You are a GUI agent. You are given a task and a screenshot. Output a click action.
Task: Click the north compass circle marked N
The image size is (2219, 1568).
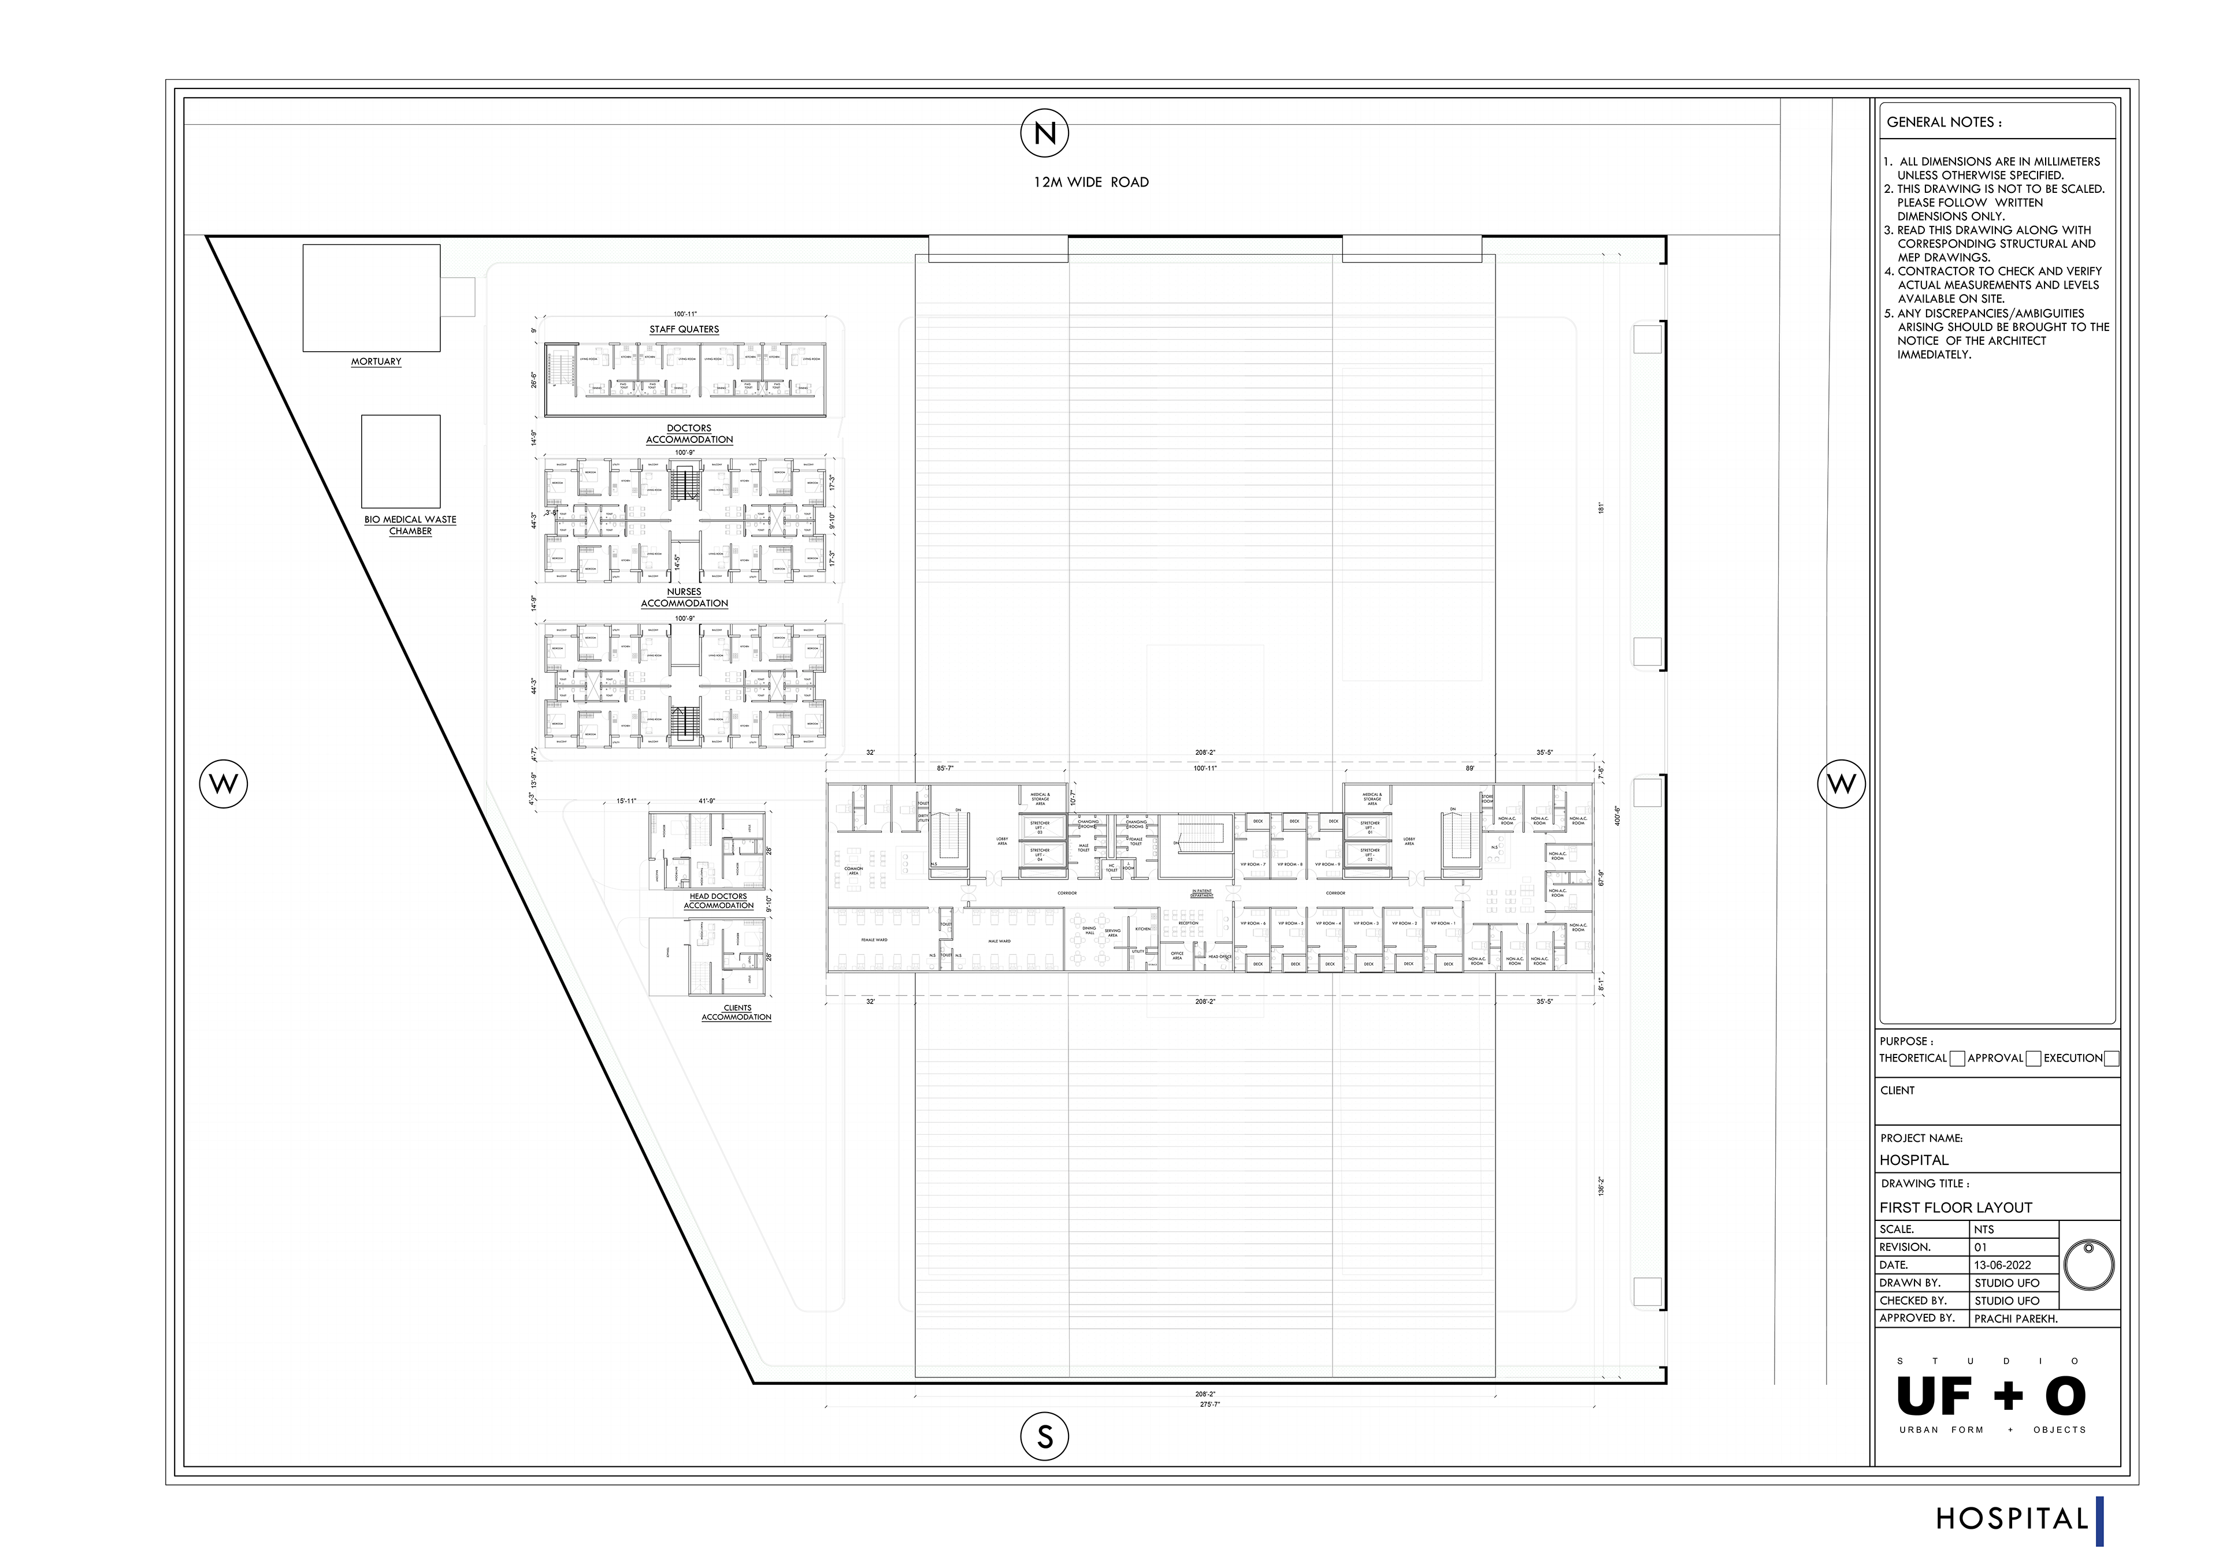(x=1044, y=132)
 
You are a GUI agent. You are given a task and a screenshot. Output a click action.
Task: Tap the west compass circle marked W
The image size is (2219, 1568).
(x=223, y=783)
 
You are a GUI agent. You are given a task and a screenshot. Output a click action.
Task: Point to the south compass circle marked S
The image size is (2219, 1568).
(x=1044, y=1433)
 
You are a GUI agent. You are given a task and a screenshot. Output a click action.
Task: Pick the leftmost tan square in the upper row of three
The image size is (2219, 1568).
(x=1257, y=821)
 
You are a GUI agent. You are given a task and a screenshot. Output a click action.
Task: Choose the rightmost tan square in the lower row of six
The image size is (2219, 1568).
(x=1447, y=963)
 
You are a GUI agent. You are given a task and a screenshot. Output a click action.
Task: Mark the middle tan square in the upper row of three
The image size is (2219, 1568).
(x=1294, y=821)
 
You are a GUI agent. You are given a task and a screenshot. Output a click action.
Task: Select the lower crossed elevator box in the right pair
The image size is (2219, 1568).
(x=1368, y=860)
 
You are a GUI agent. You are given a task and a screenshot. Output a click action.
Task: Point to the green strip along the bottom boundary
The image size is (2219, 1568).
(x=1208, y=1372)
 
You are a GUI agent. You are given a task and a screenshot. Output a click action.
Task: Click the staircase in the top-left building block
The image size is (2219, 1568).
(x=561, y=368)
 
